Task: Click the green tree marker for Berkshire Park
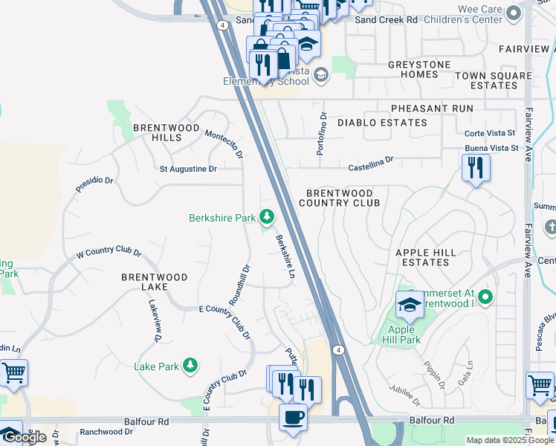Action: [266, 218]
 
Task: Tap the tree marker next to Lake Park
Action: [191, 366]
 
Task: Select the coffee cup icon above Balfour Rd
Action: [292, 417]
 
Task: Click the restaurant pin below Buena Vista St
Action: [476, 168]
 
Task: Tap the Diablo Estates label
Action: [382, 123]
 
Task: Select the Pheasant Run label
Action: [432, 109]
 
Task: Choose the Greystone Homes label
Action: [419, 70]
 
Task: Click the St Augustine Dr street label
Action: [188, 169]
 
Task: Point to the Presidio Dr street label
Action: [94, 185]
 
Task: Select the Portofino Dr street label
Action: [323, 133]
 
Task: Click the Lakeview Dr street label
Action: [155, 321]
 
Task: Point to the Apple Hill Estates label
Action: [426, 258]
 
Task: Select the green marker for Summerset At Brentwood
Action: [486, 299]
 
